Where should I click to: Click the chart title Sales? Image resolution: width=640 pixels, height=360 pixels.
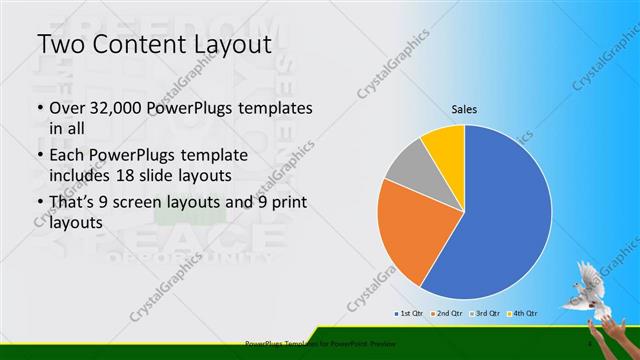coord(465,109)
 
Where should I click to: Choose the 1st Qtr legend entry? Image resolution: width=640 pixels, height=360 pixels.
coord(412,314)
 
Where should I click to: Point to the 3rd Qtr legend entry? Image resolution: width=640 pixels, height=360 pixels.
coord(487,314)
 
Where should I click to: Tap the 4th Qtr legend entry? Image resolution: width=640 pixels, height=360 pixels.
coord(523,314)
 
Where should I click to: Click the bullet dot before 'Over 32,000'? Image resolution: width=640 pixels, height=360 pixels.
coord(39,109)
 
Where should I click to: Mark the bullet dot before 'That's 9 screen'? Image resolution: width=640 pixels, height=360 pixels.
coord(39,204)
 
